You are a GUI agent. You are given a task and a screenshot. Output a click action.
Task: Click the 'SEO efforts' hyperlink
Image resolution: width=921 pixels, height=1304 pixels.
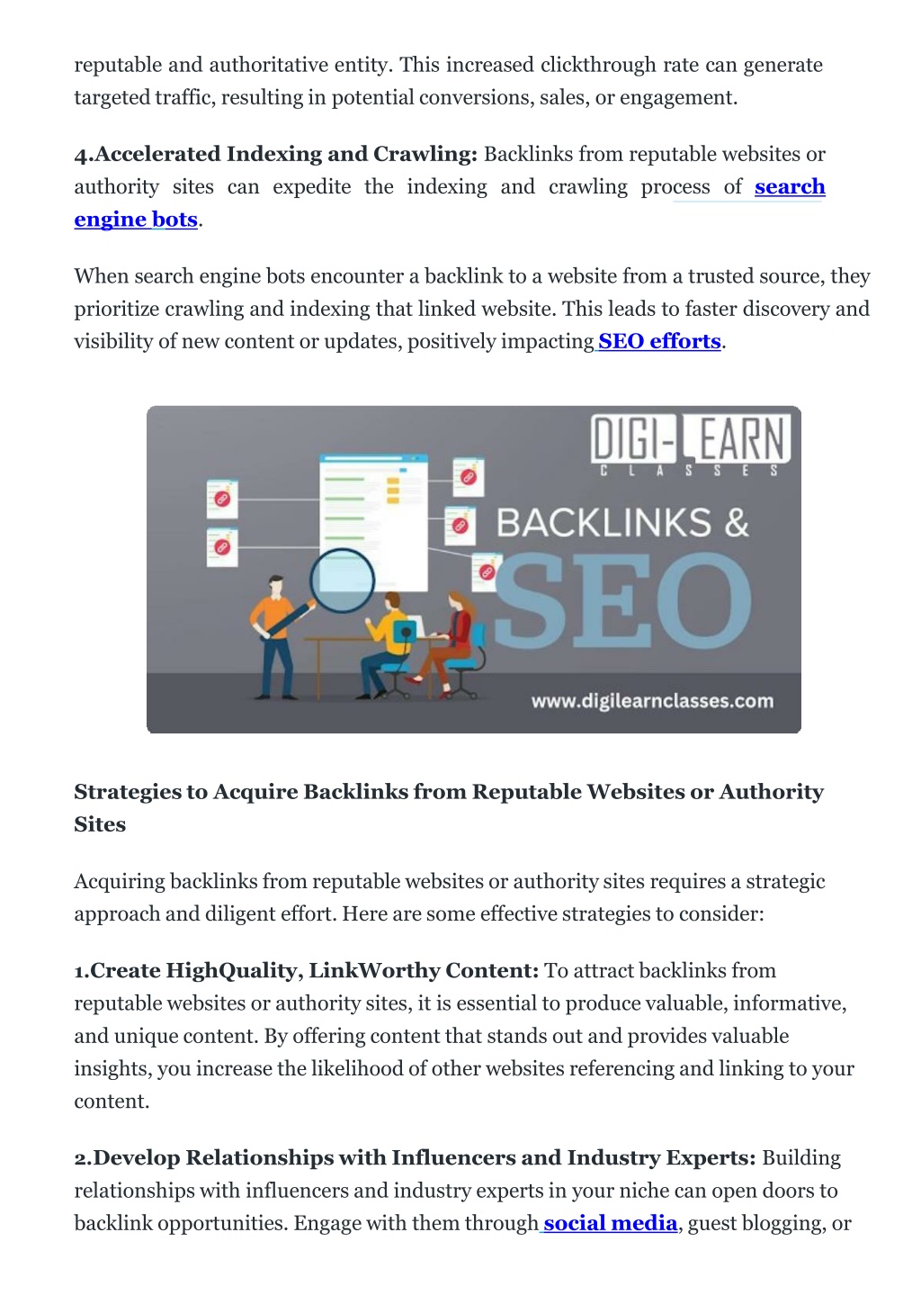coord(659,341)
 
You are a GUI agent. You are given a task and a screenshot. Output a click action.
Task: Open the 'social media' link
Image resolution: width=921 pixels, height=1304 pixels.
coord(611,1223)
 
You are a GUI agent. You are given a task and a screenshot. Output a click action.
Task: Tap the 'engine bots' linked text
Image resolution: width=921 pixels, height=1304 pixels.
coord(136,220)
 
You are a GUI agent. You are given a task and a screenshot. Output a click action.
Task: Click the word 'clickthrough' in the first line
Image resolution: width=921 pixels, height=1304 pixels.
coord(598,65)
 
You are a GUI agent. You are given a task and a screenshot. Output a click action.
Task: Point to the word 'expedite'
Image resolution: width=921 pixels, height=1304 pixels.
coord(312,187)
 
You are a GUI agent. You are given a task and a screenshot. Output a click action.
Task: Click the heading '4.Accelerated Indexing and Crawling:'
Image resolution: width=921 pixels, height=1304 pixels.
coord(276,154)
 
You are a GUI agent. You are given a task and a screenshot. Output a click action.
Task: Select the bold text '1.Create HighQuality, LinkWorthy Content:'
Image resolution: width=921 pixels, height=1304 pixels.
coord(307,970)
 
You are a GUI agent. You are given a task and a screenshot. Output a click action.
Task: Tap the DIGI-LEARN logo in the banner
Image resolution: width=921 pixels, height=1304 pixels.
coord(691,445)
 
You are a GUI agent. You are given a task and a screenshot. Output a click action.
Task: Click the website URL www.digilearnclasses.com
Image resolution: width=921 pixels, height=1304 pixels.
coord(652,701)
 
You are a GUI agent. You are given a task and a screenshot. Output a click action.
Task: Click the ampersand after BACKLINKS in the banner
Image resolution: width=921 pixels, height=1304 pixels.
coord(737,522)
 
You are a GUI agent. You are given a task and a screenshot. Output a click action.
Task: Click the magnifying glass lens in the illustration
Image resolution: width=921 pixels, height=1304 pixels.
coord(342,580)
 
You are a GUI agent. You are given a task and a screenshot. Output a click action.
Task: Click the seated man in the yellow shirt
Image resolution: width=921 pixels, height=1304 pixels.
coord(384,644)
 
